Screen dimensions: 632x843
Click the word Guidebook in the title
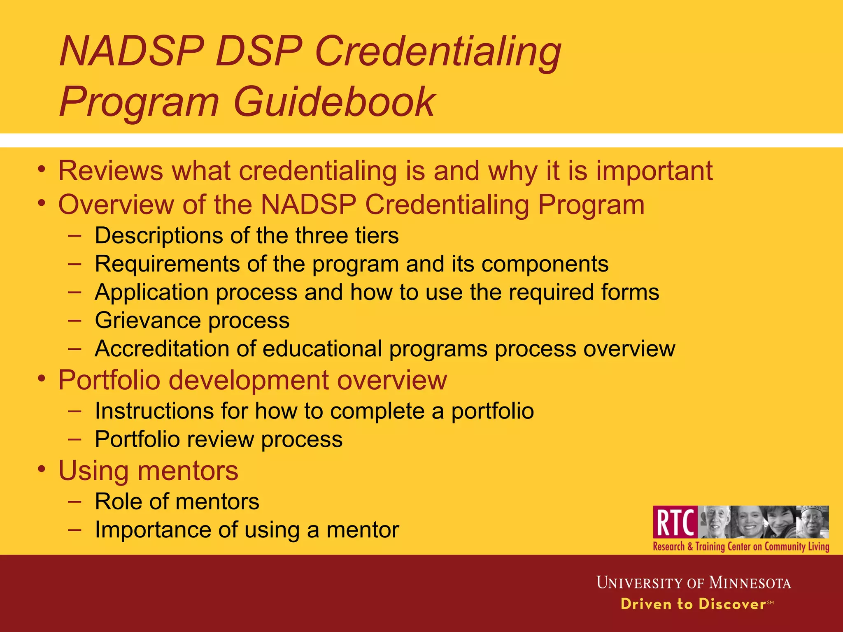pyautogui.click(x=333, y=102)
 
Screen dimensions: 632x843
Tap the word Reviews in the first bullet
pyautogui.click(x=110, y=170)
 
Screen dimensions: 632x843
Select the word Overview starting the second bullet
pyautogui.click(x=116, y=204)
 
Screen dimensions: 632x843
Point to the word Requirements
pyautogui.click(x=167, y=264)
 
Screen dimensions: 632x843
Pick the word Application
pyautogui.click(x=151, y=293)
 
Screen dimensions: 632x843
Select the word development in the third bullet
pyautogui.click(x=249, y=380)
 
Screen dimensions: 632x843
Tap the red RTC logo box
pyautogui.click(x=675, y=522)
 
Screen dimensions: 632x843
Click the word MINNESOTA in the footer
pyautogui.click(x=750, y=583)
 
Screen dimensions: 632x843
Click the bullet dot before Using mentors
pyautogui.click(x=41, y=469)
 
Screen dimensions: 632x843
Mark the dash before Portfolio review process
pyautogui.click(x=75, y=439)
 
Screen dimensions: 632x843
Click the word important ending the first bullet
pyautogui.click(x=654, y=170)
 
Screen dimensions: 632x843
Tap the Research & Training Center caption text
pyautogui.click(x=741, y=546)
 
